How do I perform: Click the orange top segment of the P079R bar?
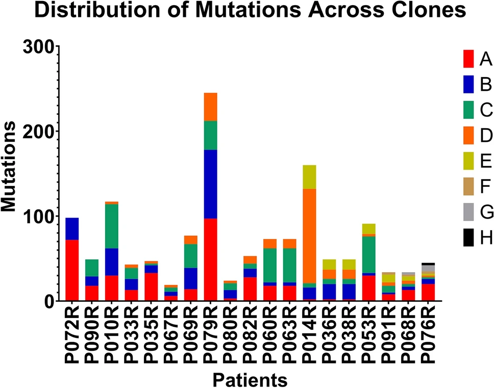click(210, 107)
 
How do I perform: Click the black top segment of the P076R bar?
click(428, 264)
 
